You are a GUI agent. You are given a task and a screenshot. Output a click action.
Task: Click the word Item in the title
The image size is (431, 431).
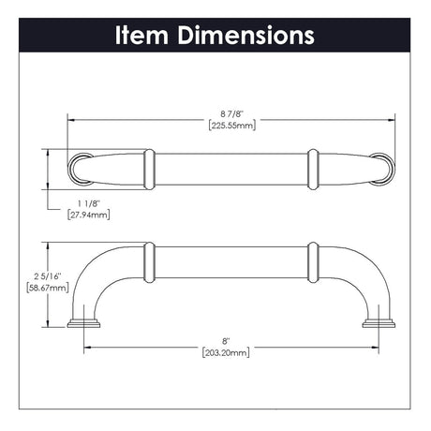[142, 35]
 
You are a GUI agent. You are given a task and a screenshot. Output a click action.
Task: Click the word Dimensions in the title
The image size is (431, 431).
[246, 35]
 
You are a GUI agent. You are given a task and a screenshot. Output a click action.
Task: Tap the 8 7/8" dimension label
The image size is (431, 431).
[231, 114]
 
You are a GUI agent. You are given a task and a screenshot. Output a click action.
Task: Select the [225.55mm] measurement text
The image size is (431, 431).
[232, 126]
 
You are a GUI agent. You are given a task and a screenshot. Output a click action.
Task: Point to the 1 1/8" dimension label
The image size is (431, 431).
[89, 203]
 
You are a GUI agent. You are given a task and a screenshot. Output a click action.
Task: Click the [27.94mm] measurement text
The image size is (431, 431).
[89, 215]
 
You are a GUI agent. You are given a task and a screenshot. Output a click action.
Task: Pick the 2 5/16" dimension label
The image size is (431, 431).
[48, 275]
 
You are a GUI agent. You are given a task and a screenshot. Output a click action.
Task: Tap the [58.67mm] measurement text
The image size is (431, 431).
[48, 288]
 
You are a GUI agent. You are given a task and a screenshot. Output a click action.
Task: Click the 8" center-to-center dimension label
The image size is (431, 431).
[226, 341]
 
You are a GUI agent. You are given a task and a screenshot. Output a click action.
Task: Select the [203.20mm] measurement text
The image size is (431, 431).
[226, 352]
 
